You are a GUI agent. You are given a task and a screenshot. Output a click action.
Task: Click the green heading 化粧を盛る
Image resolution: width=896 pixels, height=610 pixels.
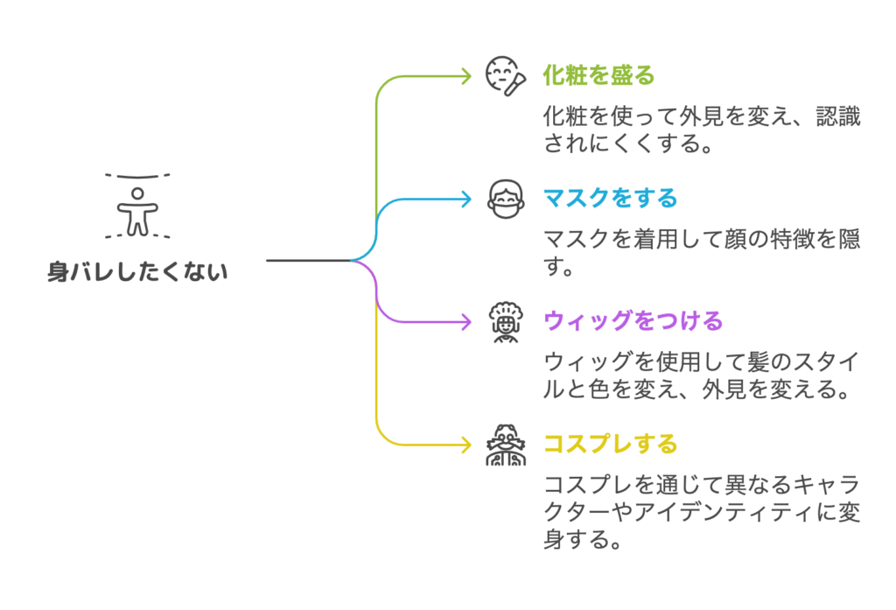599,75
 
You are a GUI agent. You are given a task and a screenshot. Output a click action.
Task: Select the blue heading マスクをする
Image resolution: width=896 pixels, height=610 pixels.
611,198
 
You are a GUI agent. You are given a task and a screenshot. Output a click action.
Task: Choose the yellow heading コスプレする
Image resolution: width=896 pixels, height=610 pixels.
611,443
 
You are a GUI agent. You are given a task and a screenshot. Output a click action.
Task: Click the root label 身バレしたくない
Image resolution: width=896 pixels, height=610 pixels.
136,272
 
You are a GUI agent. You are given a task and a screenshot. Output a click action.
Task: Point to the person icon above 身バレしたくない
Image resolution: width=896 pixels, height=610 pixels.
137,209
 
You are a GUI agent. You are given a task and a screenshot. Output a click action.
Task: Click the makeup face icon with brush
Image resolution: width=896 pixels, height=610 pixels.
505,75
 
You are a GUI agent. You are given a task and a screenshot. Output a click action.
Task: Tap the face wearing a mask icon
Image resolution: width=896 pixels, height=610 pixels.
505,199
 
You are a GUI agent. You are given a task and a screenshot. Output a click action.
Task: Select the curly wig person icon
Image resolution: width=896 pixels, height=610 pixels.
505,322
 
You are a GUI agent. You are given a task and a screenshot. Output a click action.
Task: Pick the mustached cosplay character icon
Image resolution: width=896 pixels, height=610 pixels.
505,445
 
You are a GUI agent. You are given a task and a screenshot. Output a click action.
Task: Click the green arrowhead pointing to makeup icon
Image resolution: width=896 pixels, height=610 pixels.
467,76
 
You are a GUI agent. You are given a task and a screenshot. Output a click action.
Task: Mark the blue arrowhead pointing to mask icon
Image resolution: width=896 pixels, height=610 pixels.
467,199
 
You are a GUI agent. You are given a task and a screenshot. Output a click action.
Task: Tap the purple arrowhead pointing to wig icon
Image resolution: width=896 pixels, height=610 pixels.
467,321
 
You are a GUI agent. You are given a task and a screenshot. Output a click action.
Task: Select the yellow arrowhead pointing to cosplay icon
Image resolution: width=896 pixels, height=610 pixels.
467,444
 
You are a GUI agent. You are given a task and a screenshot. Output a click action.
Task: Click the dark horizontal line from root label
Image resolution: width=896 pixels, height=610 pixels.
306,260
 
